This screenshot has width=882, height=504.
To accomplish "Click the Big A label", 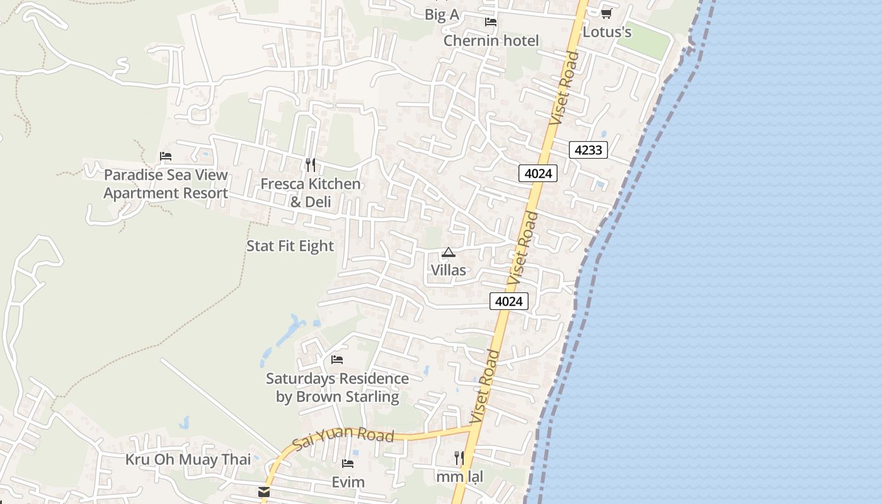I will click(442, 15).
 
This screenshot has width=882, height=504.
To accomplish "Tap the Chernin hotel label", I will click(491, 41).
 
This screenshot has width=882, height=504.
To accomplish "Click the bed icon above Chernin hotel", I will click(491, 22).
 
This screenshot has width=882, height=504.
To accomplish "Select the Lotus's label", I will click(607, 31).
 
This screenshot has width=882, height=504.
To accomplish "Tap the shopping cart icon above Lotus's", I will click(606, 13).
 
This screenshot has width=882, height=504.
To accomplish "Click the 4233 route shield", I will click(588, 150).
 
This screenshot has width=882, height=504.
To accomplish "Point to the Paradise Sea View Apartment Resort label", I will click(166, 184).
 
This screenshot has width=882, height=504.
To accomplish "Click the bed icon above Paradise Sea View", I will click(166, 156).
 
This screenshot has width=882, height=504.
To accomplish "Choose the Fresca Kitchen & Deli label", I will click(311, 193).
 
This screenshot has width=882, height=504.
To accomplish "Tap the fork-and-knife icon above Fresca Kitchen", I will click(310, 165).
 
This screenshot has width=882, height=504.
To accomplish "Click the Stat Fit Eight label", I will click(290, 246).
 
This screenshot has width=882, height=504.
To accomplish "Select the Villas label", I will click(449, 270).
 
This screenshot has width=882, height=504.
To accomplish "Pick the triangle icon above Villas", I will click(448, 253).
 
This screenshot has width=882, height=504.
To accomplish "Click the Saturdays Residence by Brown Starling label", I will click(337, 387).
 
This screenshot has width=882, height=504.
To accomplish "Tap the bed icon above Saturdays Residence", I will click(337, 360).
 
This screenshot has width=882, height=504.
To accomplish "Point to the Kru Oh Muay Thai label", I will click(188, 459).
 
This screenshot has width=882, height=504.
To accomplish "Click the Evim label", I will click(348, 483).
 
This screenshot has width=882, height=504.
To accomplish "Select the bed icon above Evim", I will click(347, 464).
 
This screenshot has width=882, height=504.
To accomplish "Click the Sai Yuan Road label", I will click(344, 436).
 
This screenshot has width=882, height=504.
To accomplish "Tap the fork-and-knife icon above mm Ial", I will click(459, 458).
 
